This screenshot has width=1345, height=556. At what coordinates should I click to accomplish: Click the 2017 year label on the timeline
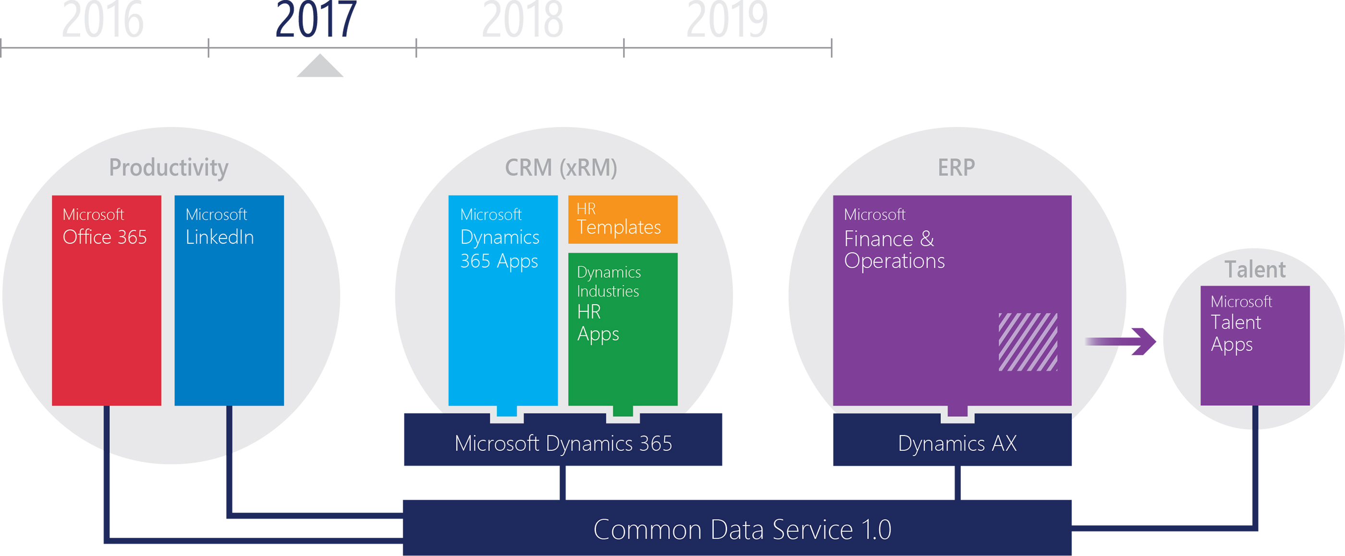click(316, 19)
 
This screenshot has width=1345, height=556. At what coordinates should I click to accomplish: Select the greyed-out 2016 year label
click(102, 19)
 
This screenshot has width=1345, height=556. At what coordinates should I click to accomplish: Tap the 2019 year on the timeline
click(727, 19)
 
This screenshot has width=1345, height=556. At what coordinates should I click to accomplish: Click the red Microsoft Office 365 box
click(107, 300)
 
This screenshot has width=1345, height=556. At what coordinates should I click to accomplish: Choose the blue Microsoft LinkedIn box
click(229, 300)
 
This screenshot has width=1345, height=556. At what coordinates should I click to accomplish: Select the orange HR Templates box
click(623, 219)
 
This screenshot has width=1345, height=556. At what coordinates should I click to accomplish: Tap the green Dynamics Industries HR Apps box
click(623, 329)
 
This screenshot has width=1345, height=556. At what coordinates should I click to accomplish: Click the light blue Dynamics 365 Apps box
click(503, 300)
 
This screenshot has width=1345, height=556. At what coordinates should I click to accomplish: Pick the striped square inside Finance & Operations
click(1028, 342)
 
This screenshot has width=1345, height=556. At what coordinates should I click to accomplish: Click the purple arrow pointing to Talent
click(1121, 341)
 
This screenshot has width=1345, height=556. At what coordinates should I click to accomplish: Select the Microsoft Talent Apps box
click(1255, 345)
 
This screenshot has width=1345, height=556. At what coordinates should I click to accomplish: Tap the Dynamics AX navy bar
click(953, 441)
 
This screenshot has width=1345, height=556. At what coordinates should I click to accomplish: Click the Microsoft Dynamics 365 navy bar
click(563, 441)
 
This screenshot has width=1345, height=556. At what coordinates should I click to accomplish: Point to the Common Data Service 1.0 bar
click(737, 527)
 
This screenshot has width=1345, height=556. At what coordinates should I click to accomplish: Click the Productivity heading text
click(169, 168)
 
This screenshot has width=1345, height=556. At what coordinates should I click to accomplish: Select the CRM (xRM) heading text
click(561, 168)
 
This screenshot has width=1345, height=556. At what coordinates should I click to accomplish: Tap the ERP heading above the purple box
click(956, 168)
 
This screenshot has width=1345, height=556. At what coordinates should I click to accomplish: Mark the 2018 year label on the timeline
click(522, 19)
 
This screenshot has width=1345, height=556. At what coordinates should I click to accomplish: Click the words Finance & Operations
click(894, 250)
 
